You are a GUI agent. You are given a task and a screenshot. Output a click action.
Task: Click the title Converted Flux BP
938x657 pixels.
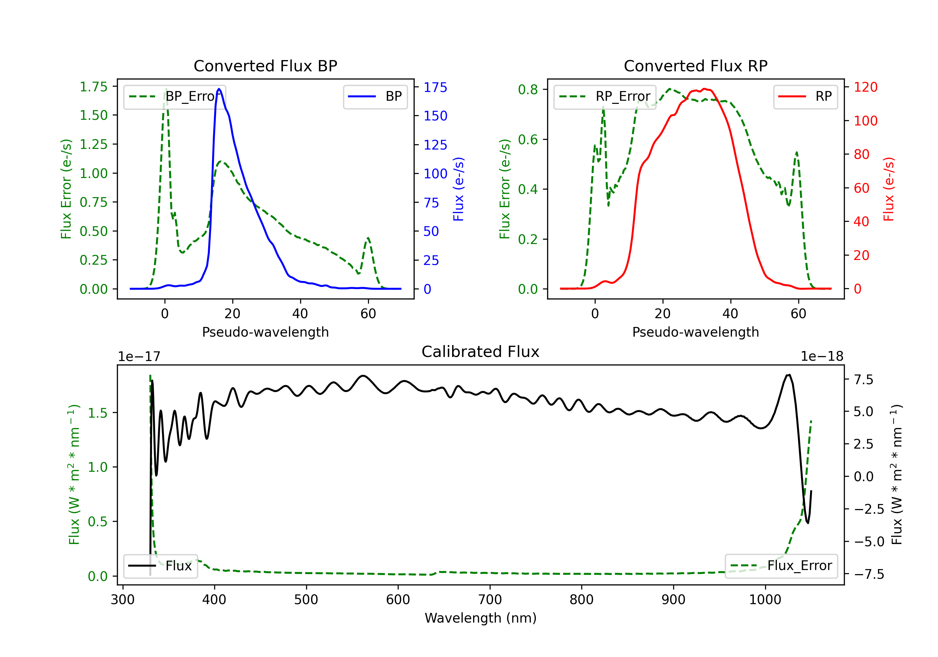coord(265,66)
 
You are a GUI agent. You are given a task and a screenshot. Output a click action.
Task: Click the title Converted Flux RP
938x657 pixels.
coord(695,66)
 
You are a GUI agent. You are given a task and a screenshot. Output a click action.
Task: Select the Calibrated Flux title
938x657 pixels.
coord(481,352)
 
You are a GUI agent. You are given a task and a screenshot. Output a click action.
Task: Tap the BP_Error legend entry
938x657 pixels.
coord(174,96)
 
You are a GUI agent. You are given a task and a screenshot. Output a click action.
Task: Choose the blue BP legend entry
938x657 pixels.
coord(375,96)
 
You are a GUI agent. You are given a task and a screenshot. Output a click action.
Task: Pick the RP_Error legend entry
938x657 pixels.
coord(605,96)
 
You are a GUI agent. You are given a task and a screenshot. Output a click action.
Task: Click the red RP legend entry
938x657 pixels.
coord(805,96)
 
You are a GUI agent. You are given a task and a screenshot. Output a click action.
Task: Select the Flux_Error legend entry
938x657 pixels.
coord(781,566)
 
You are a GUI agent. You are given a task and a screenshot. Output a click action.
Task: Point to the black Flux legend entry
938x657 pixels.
coord(160,566)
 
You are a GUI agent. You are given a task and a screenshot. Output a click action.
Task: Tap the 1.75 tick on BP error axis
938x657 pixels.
coord(93,87)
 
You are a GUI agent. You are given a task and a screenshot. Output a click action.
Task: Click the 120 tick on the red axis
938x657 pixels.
coord(865,87)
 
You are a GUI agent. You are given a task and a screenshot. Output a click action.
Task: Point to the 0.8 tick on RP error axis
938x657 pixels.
coord(528,89)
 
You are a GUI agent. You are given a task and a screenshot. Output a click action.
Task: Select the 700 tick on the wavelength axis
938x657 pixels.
coord(490,600)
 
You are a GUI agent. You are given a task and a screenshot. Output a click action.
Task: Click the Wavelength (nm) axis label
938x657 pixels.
coord(481,618)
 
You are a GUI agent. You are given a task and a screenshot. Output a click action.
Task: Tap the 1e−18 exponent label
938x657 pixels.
coord(822,357)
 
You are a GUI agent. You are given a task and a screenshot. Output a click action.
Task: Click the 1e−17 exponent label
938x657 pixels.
coord(139,357)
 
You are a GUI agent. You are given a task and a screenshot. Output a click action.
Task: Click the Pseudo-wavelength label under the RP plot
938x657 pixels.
coord(695,332)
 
